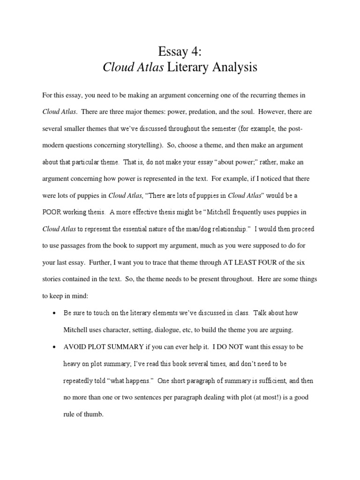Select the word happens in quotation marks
point(135,381)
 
